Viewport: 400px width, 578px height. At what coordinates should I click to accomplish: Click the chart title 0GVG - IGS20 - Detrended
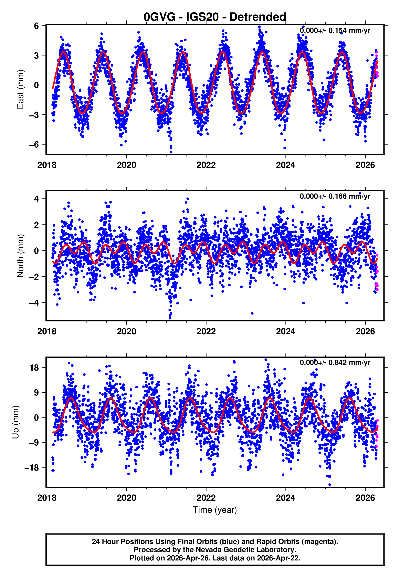215,17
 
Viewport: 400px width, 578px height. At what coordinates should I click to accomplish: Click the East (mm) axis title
20,90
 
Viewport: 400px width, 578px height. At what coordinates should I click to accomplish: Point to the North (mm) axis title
20,256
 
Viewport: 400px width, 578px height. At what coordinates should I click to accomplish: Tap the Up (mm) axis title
15,422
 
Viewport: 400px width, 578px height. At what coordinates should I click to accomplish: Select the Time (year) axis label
215,510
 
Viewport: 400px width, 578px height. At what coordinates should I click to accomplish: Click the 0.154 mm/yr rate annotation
335,31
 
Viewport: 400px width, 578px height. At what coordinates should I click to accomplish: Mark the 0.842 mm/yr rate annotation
335,362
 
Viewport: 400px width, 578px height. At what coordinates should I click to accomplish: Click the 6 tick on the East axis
36,26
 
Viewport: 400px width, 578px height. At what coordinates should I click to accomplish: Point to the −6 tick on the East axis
34,145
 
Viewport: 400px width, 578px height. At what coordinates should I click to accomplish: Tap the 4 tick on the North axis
36,199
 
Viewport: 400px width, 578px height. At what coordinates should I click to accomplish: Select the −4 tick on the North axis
34,303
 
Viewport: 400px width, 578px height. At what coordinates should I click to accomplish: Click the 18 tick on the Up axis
34,368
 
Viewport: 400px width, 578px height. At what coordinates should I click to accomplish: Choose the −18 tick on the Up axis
32,468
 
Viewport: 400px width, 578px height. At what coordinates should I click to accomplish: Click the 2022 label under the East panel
206,165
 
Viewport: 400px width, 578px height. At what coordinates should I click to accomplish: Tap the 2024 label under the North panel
285,332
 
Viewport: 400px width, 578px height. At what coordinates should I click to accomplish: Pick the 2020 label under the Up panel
126,498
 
